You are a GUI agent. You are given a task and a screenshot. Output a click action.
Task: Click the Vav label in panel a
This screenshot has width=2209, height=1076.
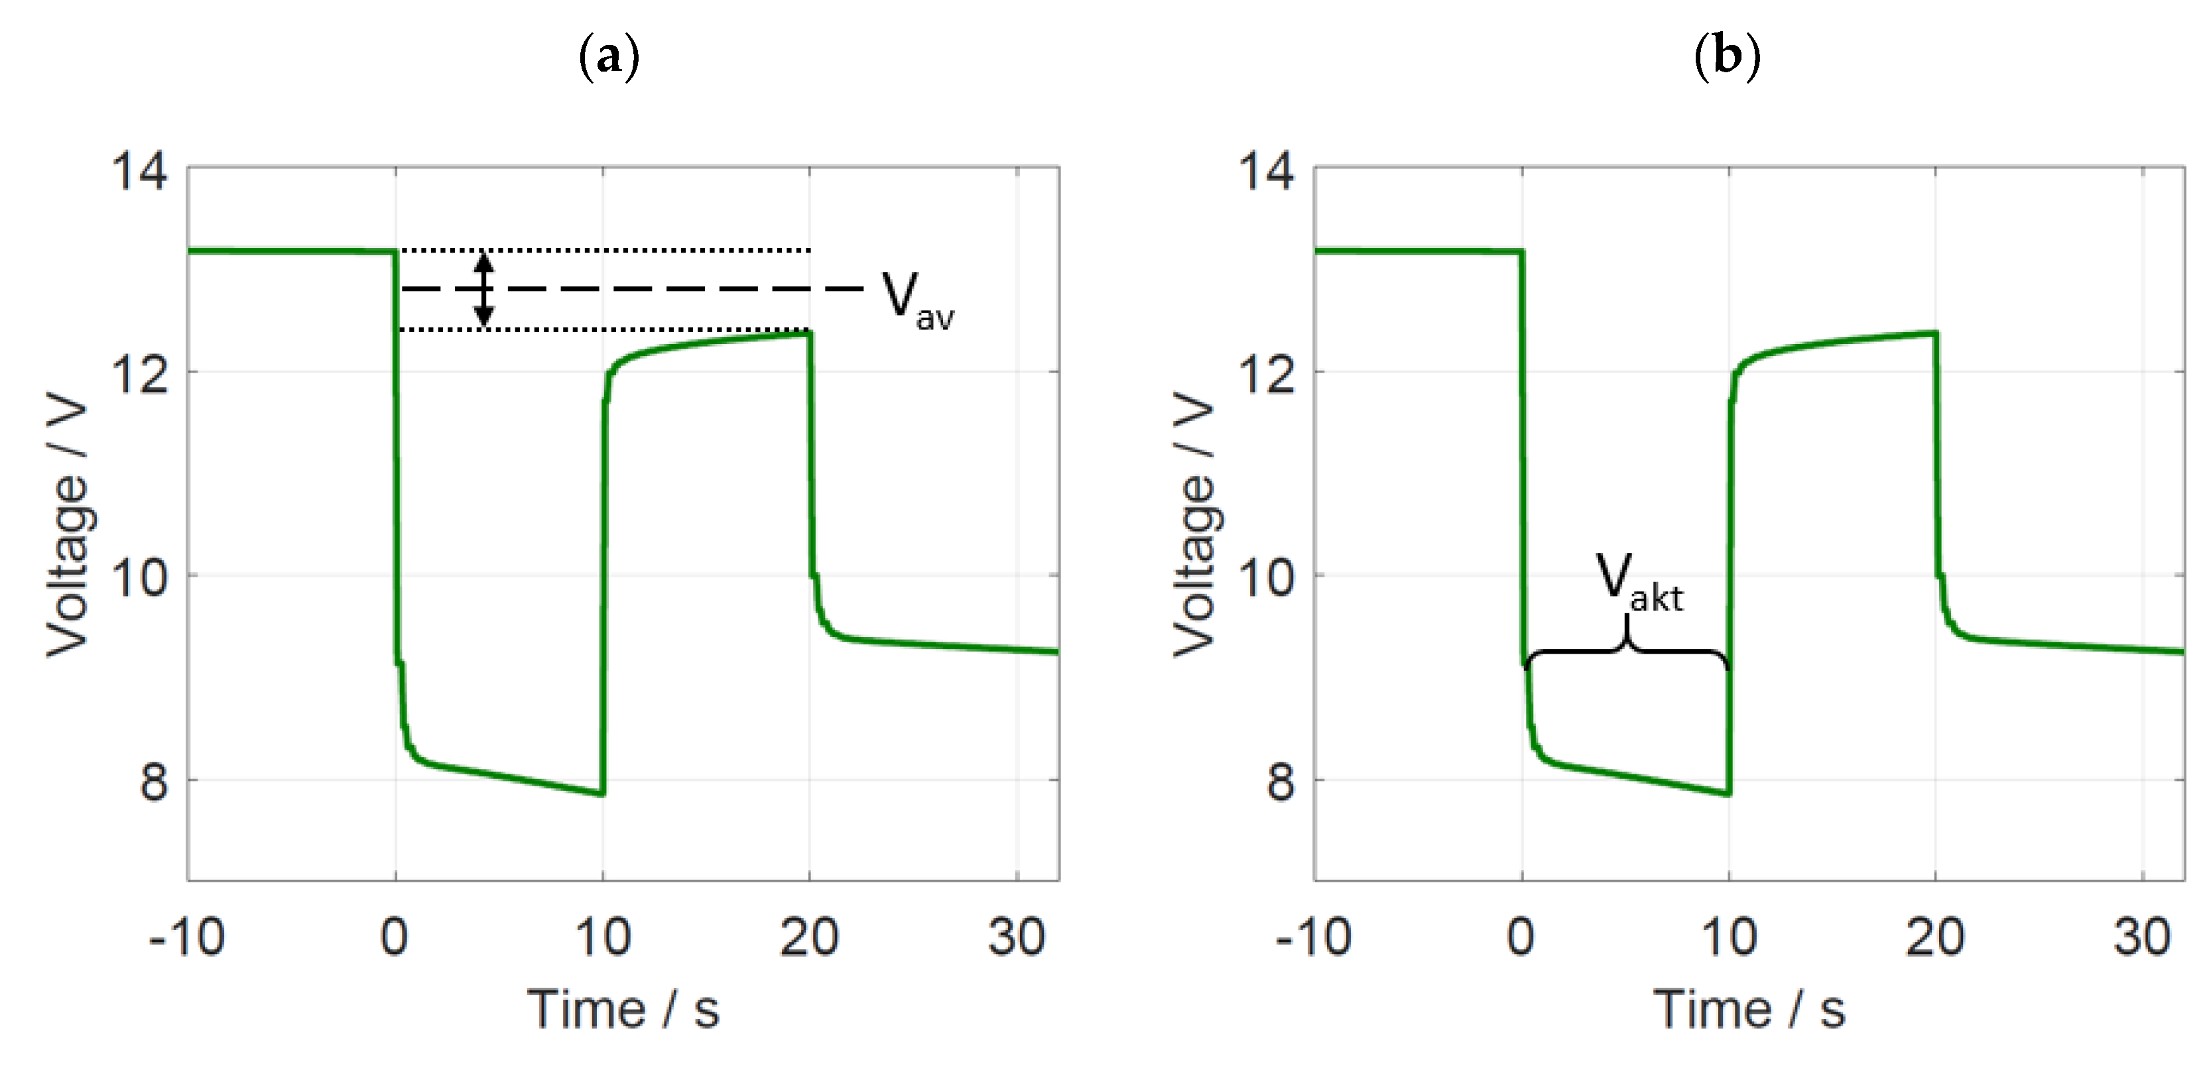(x=916, y=300)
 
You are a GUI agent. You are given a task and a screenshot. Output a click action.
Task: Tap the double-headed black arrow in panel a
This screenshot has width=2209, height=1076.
(x=485, y=290)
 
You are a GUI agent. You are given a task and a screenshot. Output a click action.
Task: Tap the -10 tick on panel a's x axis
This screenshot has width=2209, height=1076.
(x=186, y=937)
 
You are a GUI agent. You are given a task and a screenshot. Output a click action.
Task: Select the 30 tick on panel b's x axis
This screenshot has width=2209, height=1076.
(x=2141, y=937)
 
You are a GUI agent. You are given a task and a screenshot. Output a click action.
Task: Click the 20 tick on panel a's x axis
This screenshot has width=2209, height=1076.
(x=808, y=937)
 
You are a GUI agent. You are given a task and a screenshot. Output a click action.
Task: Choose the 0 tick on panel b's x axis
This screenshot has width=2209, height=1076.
(x=1521, y=937)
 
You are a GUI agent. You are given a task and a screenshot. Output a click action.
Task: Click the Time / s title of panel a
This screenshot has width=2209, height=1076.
(x=623, y=1009)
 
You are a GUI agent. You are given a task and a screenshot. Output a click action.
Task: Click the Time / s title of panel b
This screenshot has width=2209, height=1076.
(x=1749, y=1009)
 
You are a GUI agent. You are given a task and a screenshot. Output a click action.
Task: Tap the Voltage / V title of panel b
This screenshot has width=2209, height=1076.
(x=1194, y=524)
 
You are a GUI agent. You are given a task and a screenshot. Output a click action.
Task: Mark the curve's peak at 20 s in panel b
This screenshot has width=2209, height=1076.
(x=1934, y=333)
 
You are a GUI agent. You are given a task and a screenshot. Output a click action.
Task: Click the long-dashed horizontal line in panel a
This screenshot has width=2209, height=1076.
(x=669, y=289)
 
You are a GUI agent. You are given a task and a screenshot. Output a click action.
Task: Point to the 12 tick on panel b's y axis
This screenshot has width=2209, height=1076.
(x=1267, y=375)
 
